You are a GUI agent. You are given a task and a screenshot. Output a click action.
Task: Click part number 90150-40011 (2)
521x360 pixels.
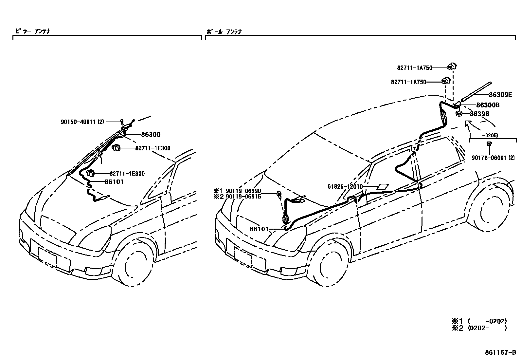pos(82,122)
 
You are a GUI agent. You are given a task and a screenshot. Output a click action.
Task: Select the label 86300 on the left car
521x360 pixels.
pos(151,134)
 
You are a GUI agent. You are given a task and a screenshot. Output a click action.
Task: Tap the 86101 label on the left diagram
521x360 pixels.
pos(114,182)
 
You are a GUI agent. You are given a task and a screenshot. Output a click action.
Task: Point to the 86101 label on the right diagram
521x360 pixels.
pos(259,229)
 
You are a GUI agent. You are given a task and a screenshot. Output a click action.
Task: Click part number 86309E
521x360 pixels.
pos(500,95)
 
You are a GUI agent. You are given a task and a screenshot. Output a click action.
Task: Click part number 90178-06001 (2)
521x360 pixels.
pos(493,158)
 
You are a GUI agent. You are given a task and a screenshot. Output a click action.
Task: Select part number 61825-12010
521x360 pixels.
pos(345,187)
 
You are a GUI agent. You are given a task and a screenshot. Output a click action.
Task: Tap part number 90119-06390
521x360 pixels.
pos(243,191)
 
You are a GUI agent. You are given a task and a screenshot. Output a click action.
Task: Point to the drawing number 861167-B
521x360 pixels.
pos(500,353)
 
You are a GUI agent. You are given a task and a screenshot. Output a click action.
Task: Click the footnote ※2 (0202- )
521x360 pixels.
pos(479,328)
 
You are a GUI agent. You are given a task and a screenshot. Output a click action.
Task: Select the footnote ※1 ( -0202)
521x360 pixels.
pos(479,321)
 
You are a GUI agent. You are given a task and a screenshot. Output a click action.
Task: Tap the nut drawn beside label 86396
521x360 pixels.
pos(459,114)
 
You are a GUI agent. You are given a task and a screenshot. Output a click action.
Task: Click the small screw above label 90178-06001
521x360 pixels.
pos(490,143)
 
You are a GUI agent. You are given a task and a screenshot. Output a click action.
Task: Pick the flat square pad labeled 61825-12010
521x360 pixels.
pos(382,187)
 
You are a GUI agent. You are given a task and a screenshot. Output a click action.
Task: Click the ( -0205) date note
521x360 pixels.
pos(493,135)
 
